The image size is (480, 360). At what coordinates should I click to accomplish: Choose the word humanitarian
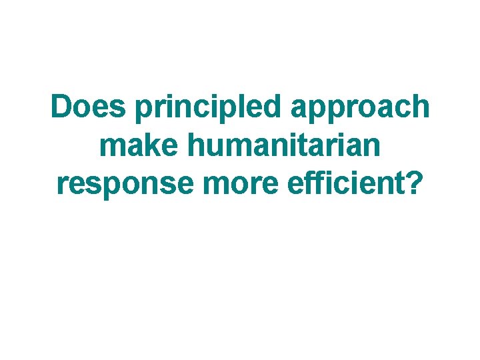(x=279, y=145)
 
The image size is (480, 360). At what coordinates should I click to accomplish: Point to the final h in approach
(x=419, y=107)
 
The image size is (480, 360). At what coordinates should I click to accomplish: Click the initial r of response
(x=62, y=185)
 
